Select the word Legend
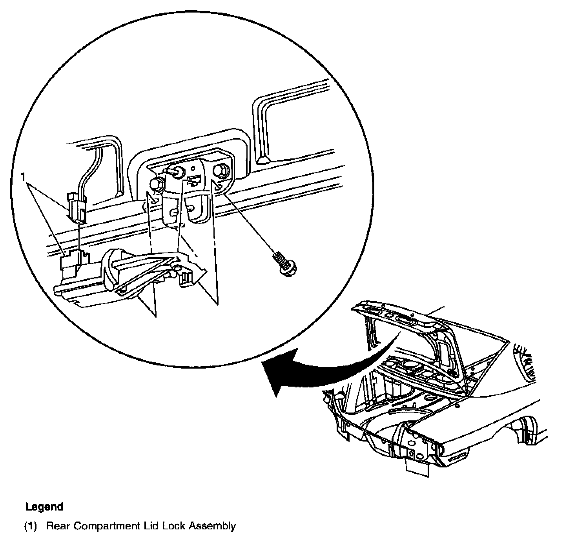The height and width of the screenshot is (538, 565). [44, 506]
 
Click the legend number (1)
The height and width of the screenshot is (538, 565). [31, 525]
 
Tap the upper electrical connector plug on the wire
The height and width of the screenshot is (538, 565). [77, 204]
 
